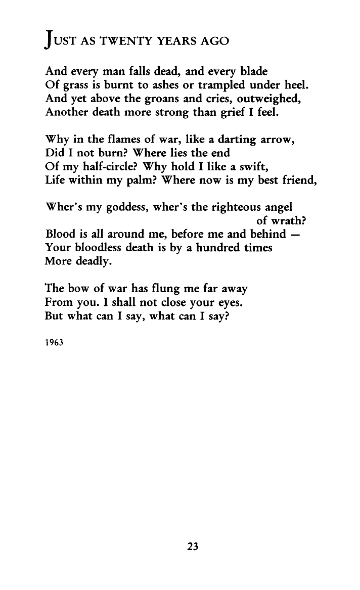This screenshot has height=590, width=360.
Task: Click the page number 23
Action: [192, 546]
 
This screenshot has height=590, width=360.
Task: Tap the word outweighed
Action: [275, 100]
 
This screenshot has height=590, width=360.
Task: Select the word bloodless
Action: [94, 248]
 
